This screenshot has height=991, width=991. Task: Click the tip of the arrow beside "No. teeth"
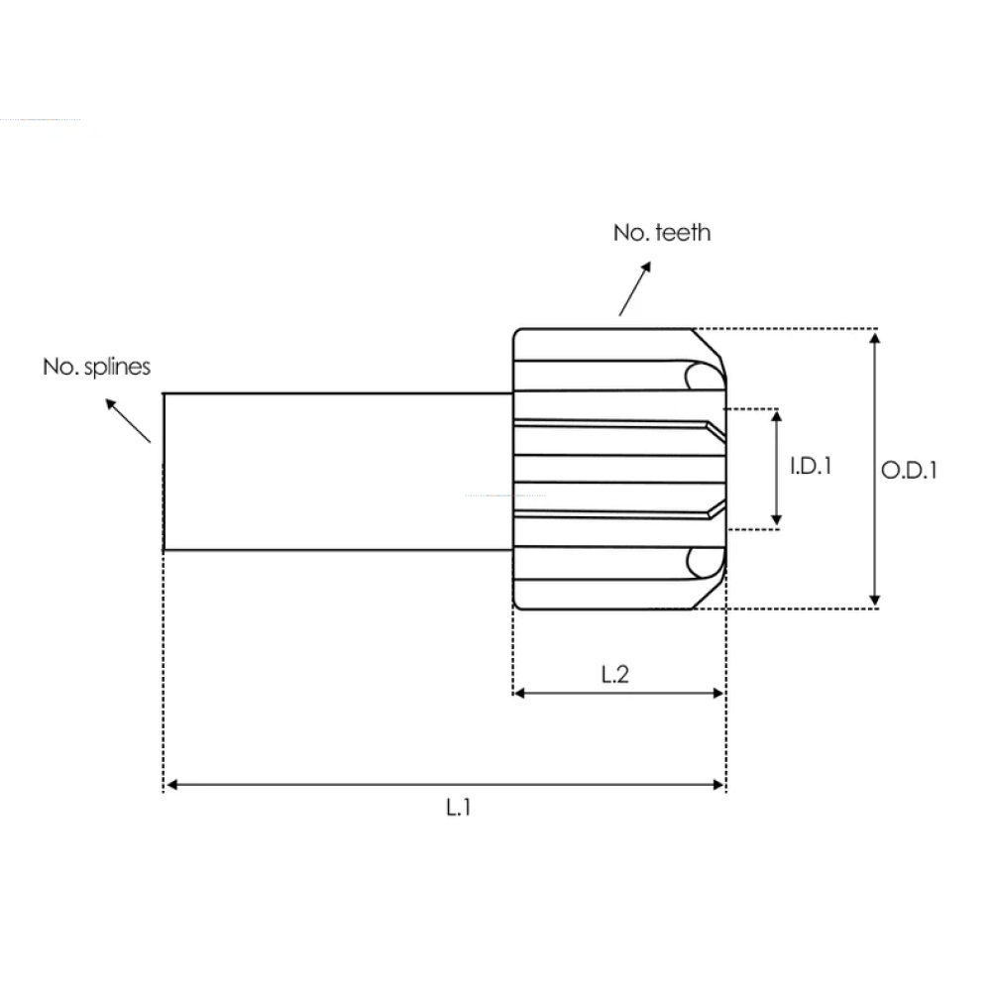pos(650,263)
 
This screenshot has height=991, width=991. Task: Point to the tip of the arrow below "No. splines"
pos(106,399)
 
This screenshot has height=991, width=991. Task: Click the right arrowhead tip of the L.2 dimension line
pos(723,694)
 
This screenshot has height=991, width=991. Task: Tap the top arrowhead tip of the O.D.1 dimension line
pos(875,333)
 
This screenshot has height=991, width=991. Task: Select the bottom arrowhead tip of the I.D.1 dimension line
pos(777,526)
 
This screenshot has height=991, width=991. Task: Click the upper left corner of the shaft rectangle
pos(164,393)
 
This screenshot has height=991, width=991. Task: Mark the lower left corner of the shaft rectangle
pos(164,550)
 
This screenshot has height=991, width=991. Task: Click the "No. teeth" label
pos(662,233)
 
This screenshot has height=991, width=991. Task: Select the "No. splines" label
pos(97,368)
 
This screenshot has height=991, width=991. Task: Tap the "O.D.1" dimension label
pos(909,470)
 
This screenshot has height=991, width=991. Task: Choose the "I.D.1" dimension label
pos(811,467)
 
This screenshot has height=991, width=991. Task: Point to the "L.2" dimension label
pos(615,674)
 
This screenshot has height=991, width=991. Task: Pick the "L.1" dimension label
pos(458,807)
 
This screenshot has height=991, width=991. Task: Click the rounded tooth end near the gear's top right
pos(704,376)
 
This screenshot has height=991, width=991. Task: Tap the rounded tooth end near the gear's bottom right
pos(704,563)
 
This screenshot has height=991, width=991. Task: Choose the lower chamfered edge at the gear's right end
pos(710,593)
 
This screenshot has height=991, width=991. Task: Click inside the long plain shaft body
pos(338,472)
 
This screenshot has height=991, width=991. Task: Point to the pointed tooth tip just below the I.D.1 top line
pos(723,435)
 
